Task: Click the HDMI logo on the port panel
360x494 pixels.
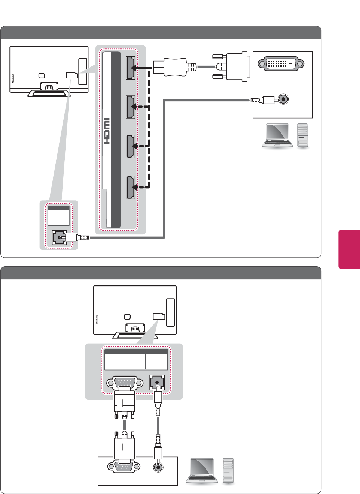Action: point(107,131)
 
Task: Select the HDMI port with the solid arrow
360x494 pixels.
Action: point(130,68)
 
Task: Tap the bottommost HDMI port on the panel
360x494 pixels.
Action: point(130,187)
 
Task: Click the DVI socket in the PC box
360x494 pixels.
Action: point(281,64)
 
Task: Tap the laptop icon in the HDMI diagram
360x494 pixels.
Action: point(277,135)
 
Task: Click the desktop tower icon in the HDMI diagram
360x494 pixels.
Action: point(303,135)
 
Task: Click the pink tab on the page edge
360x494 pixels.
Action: point(349,249)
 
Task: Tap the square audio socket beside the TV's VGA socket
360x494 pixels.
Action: point(157,382)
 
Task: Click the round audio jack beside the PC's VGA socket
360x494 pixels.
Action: point(159,467)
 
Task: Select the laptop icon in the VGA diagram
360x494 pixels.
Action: point(202,470)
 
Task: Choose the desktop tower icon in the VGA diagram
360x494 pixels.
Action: point(228,470)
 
